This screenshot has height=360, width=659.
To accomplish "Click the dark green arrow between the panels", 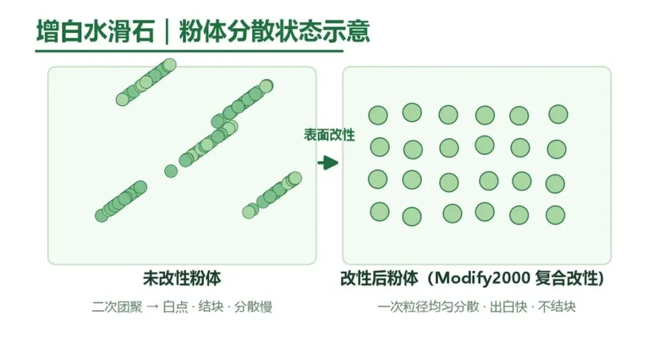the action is coord(328,163).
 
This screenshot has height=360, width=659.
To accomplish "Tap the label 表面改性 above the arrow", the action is coord(329,135).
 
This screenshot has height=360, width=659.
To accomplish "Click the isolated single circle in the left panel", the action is coord(171,171).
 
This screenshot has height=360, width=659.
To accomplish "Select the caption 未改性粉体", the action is coord(182,278).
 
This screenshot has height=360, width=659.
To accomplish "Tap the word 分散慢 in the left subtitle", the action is coord(253,307).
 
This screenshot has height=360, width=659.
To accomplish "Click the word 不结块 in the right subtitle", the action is coord(557,307).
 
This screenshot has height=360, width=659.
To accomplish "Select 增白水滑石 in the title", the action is coord(95,31).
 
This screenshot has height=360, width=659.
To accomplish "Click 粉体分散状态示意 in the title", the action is coord(275,31).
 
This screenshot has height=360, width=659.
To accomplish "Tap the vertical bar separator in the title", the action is coord(167,32).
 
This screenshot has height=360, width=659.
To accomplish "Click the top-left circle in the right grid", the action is coord(378,115).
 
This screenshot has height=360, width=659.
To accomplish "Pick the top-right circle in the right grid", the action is coord(558,114).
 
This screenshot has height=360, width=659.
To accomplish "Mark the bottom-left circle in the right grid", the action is coord(380,212).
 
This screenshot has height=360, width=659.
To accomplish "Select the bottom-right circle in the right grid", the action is coord(555,215).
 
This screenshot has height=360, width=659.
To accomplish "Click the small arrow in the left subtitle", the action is coord(153,307).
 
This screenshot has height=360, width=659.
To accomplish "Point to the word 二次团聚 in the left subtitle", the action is coord(117,307).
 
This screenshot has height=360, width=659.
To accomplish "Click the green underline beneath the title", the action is coord(189,51).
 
